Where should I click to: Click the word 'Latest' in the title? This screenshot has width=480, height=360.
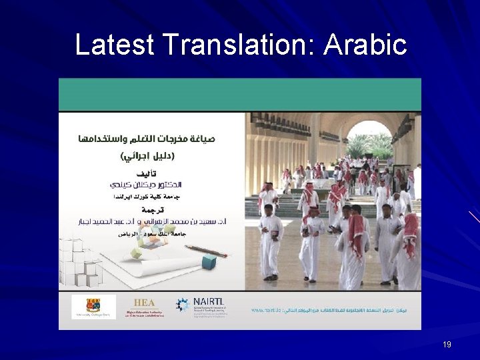(x=115, y=45)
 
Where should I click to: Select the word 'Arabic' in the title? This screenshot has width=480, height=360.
(x=365, y=45)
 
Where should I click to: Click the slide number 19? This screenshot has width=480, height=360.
(x=447, y=345)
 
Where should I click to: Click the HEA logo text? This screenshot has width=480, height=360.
(x=144, y=303)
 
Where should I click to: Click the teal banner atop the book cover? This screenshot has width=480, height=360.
(x=239, y=94)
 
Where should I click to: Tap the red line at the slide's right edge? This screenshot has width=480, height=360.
(x=473, y=216)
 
